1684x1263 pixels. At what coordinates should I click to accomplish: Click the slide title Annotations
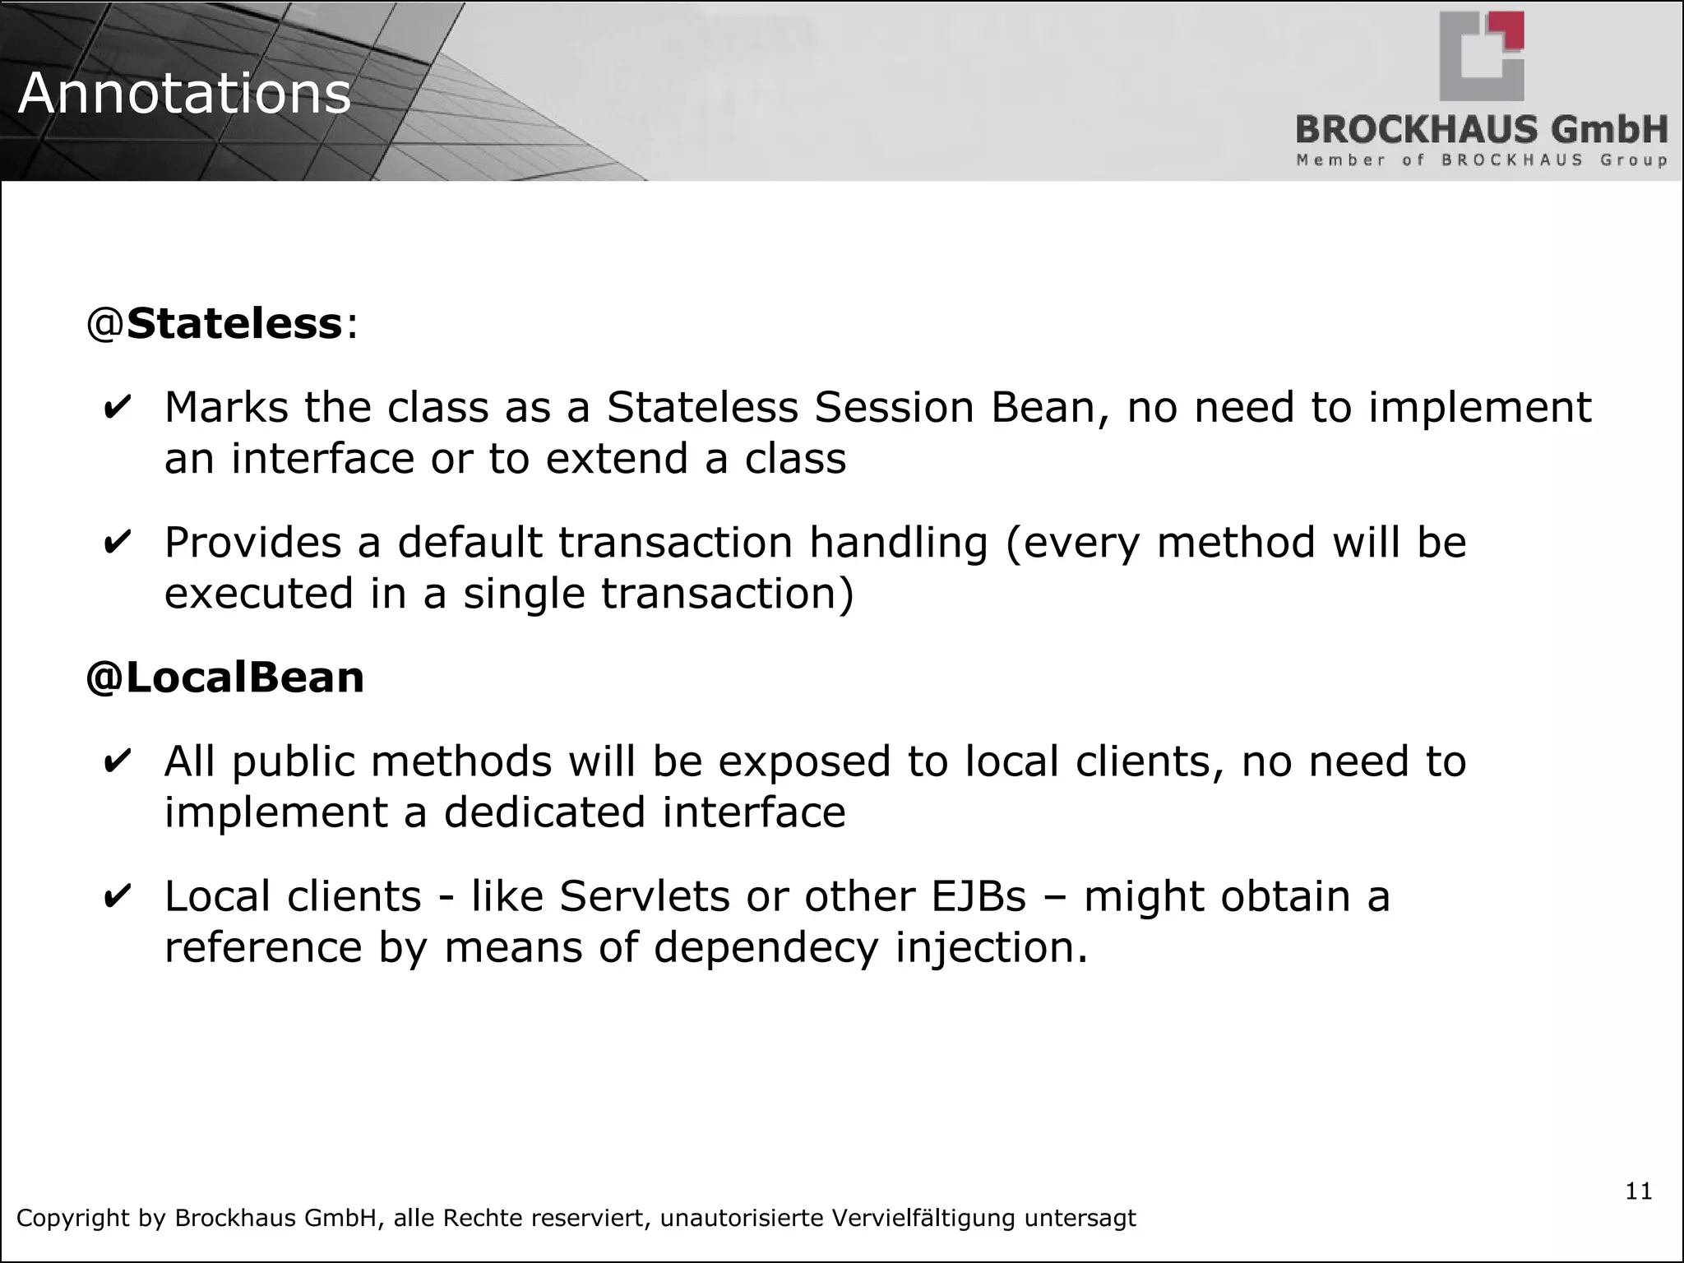184,93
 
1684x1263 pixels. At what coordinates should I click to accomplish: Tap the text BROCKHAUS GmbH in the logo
1481,130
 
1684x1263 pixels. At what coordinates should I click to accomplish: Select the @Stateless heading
222,323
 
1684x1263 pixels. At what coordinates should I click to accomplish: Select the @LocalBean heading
224,678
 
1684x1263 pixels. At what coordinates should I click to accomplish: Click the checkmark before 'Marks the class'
118,408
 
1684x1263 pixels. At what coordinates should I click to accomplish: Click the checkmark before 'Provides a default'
118,544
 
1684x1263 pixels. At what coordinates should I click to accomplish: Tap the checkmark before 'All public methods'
118,761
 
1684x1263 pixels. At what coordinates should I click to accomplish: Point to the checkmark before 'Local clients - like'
118,897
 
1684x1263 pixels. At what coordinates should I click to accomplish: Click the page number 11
1638,1191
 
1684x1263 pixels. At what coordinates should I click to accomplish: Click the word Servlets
644,896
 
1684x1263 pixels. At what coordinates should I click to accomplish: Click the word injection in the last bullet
991,947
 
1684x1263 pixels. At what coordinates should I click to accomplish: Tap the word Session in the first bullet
894,407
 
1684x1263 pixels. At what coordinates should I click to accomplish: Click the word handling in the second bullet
898,543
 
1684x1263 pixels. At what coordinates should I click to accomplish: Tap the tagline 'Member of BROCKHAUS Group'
1481,160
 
